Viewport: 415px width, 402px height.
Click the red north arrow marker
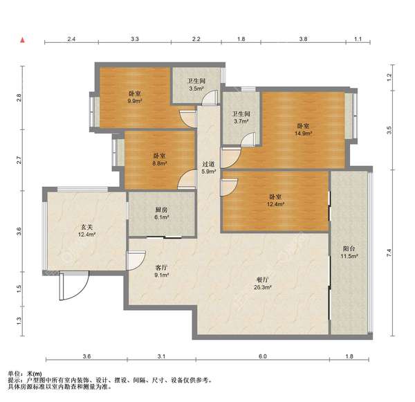pyautogui.click(x=23, y=40)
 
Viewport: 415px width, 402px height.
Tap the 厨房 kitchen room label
pyautogui.click(x=161, y=210)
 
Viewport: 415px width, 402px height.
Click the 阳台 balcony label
pyautogui.click(x=349, y=248)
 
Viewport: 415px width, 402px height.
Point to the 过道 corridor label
pyautogui.click(x=208, y=164)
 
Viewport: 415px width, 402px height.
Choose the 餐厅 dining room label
pyautogui.click(x=263, y=280)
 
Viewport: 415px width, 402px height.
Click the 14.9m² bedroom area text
pyautogui.click(x=303, y=134)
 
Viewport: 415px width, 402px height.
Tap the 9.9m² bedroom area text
pyautogui.click(x=135, y=101)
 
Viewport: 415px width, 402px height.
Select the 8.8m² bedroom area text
pyautogui.click(x=160, y=163)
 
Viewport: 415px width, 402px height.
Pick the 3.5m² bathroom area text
pyautogui.click(x=196, y=89)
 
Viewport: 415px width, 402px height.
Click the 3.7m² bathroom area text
pyautogui.click(x=241, y=122)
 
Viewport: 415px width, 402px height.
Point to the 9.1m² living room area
pyautogui.click(x=162, y=275)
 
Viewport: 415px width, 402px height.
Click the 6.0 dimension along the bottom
pyautogui.click(x=263, y=356)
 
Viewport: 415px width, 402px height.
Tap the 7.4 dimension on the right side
pyautogui.click(x=389, y=253)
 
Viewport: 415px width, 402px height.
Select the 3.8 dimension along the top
pyautogui.click(x=304, y=39)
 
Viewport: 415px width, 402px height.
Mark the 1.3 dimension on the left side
pyautogui.click(x=19, y=321)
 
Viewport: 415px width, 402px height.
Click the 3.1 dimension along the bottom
pyautogui.click(x=161, y=356)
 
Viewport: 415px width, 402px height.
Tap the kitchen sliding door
pyautogui.click(x=164, y=237)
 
